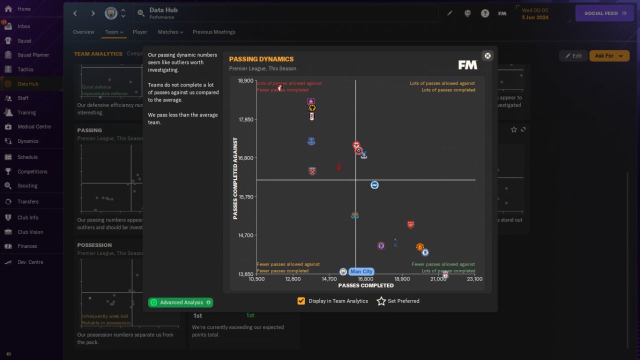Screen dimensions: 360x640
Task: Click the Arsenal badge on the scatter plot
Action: [x=410, y=224]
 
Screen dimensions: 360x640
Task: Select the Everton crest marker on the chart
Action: [x=311, y=141]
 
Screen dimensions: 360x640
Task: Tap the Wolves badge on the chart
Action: [x=312, y=107]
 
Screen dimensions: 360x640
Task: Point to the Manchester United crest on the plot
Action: [x=420, y=247]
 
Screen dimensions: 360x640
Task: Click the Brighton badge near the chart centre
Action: [x=374, y=185]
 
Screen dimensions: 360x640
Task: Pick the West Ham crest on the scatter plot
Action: [x=312, y=171]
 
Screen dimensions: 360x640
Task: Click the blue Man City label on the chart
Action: [x=361, y=271]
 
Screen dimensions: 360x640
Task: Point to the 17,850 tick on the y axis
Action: [x=245, y=119]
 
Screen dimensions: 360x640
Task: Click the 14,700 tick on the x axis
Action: [x=329, y=279]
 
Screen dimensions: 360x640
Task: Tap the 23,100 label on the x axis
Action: [x=474, y=279]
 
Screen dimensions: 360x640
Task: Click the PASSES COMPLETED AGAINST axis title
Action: [x=235, y=178]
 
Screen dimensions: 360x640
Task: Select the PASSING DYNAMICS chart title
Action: [x=261, y=59]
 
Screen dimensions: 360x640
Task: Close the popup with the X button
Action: [x=487, y=55]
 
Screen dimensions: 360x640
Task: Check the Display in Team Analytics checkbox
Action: [x=301, y=301]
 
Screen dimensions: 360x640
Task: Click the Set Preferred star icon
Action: [x=381, y=301]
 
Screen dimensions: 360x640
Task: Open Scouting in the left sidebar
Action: [x=27, y=185]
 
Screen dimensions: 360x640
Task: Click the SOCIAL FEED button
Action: [x=605, y=13]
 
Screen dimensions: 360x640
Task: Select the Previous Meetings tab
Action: [x=213, y=32]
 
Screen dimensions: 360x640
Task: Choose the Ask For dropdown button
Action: [x=609, y=55]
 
